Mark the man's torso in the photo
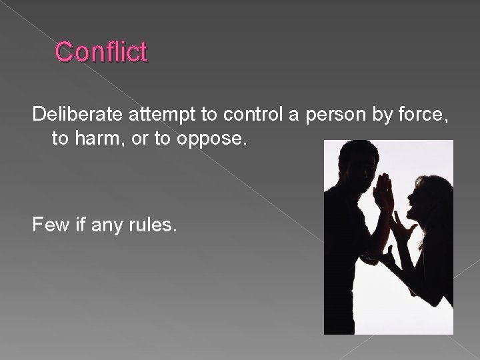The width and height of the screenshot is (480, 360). click(347, 253)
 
